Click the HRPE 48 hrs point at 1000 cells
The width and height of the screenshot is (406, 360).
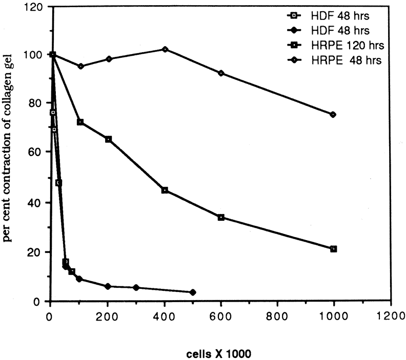[333, 115]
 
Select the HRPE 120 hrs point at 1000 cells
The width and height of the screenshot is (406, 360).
[334, 249]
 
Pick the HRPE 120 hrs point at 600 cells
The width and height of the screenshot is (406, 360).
[221, 217]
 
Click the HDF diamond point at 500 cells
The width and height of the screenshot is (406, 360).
[192, 292]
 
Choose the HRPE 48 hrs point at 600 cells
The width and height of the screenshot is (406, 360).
[221, 73]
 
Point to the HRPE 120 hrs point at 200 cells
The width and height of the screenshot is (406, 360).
[108, 139]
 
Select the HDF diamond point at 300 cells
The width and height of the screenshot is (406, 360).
[136, 288]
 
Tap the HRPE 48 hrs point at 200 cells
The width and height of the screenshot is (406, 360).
[108, 59]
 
